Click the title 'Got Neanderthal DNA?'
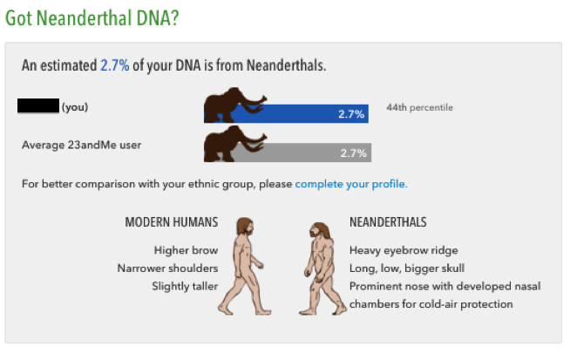[92, 18]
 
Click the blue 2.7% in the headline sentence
[114, 65]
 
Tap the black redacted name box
[38, 105]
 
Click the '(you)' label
[75, 107]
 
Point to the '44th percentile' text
[420, 107]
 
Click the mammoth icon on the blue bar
[234, 105]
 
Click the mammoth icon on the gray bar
[234, 144]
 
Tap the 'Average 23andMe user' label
[81, 145]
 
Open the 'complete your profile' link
[351, 184]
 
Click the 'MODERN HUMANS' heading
[172, 222]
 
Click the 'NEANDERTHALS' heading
[388, 222]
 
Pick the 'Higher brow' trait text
[187, 250]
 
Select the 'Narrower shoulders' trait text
[167, 268]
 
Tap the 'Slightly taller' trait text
[185, 286]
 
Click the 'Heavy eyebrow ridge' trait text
[404, 250]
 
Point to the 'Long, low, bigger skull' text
[407, 268]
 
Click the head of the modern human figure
[246, 226]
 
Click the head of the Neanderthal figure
[320, 230]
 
